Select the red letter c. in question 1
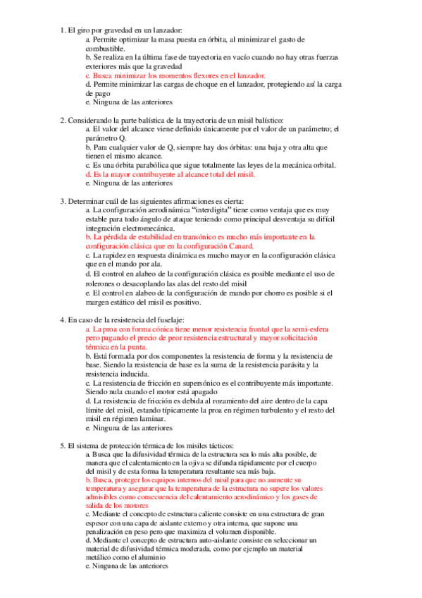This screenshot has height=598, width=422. [x=88, y=74]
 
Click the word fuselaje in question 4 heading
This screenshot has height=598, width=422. [x=165, y=320]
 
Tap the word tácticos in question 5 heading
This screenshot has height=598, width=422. [x=209, y=446]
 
